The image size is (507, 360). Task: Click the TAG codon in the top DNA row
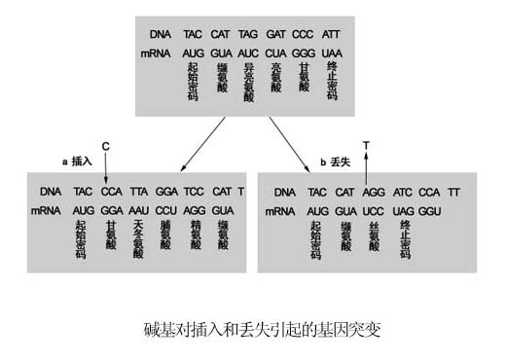248,33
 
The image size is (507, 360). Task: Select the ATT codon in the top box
332,33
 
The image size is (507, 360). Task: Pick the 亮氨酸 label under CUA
276,78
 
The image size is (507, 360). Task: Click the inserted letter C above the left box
105,146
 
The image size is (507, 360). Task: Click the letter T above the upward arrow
366,145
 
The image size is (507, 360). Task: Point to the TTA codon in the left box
138,192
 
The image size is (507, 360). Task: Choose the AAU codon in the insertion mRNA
138,210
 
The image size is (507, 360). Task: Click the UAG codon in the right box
404,210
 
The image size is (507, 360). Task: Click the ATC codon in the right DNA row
404,192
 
